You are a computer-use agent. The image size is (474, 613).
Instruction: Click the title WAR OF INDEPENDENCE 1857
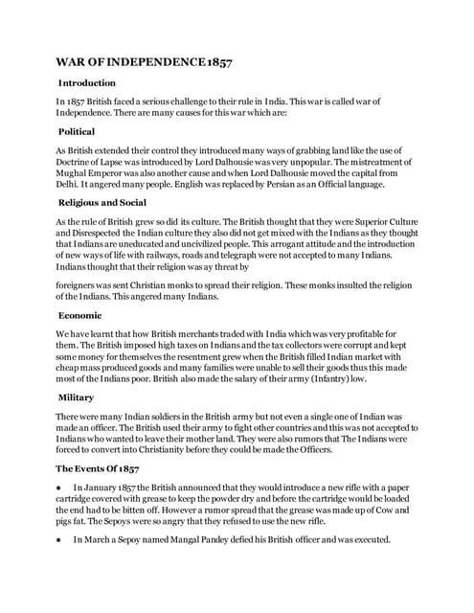(144, 62)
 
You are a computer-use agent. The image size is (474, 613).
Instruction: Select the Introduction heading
(87, 83)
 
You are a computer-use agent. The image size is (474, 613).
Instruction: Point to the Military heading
(76, 397)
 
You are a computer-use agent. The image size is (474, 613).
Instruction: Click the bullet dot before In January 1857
(59, 489)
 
